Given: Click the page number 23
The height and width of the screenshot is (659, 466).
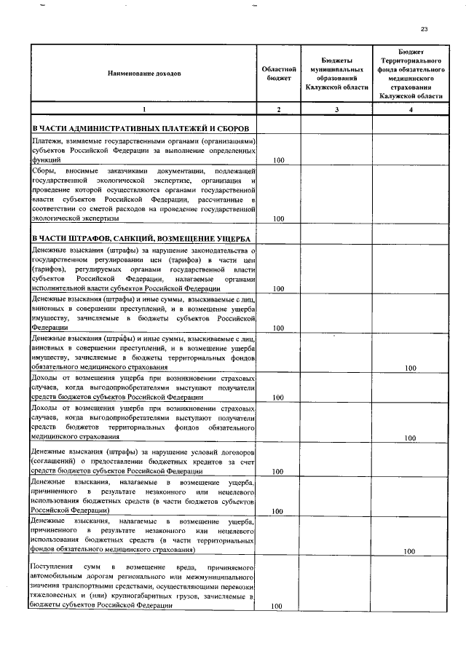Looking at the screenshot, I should (424, 29).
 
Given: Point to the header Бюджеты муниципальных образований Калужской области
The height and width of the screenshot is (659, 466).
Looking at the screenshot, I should (336, 73).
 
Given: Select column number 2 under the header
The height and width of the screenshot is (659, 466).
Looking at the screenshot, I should (277, 109).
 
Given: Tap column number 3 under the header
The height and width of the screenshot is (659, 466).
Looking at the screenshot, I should (336, 109).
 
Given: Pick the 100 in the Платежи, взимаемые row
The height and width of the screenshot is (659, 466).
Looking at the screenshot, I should (277, 159).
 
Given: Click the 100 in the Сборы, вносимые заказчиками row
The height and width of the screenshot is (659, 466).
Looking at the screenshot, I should (277, 218).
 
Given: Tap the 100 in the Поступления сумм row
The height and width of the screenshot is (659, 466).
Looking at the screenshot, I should (277, 606).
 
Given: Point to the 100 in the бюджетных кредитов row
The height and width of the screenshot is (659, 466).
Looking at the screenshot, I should (277, 471).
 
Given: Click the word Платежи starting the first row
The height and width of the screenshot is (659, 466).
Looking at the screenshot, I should (45, 141).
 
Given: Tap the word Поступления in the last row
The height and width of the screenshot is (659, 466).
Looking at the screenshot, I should (53, 567).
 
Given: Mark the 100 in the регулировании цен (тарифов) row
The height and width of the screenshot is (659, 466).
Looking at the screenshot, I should (277, 289).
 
